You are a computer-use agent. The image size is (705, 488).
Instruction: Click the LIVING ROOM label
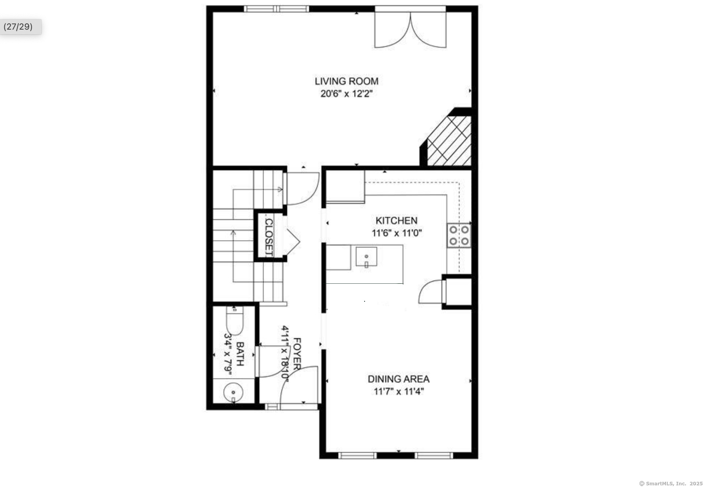(346, 81)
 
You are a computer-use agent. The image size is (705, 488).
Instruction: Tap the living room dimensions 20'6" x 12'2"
(346, 94)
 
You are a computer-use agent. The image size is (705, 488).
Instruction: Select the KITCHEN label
(396, 221)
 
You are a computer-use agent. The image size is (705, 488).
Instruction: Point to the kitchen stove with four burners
(459, 235)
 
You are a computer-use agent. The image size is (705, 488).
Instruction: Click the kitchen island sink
(366, 257)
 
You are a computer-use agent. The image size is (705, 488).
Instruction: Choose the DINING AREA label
(399, 379)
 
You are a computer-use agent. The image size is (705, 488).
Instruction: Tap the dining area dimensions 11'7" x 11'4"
(399, 391)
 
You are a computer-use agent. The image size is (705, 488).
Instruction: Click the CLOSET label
(269, 237)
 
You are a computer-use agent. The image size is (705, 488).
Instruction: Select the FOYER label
(297, 354)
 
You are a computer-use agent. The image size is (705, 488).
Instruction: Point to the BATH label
(240, 354)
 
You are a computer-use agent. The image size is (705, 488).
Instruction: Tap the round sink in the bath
(233, 392)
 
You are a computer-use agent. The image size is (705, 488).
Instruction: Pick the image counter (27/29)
(18, 27)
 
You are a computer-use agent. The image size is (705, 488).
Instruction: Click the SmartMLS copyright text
(670, 483)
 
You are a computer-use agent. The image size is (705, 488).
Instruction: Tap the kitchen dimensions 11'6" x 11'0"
(396, 233)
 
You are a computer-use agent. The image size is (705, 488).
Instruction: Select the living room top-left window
(276, 9)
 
